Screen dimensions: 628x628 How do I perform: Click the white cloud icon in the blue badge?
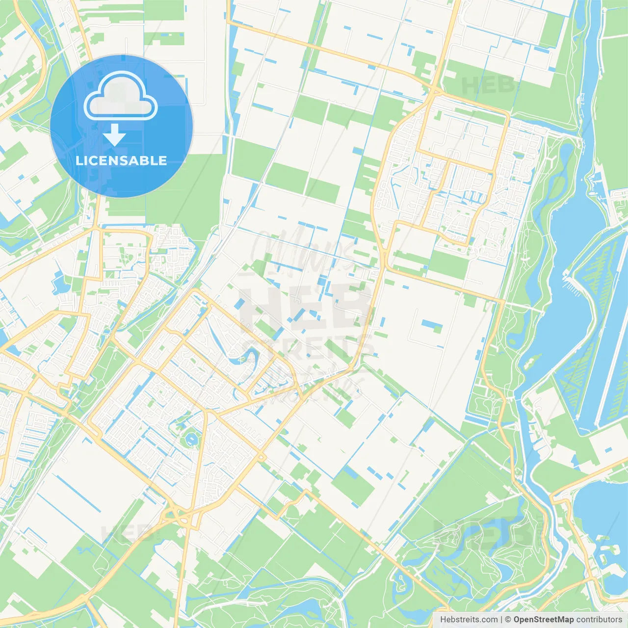click(121, 96)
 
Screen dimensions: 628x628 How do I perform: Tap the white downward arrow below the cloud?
click(114, 134)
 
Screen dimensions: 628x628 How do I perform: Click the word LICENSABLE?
click(121, 160)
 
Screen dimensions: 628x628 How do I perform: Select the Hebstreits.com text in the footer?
click(469, 620)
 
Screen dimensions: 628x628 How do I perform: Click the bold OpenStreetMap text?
click(543, 620)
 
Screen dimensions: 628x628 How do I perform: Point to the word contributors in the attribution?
click(599, 620)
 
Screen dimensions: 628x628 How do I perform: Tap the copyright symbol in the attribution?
click(508, 620)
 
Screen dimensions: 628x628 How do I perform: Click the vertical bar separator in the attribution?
click(501, 620)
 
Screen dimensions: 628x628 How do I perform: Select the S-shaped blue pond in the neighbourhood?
click(248, 356)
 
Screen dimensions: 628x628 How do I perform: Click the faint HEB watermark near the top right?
click(488, 85)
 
